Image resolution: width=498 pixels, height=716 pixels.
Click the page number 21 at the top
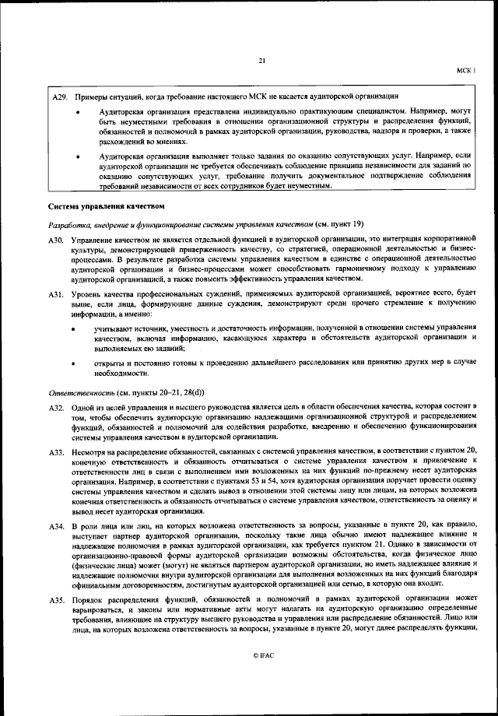261,61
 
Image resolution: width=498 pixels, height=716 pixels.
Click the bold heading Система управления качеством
106,206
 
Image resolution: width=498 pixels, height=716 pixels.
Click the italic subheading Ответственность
83,394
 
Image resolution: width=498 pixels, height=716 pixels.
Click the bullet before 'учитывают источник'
75,330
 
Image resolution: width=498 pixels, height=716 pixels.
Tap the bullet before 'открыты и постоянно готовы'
75,363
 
